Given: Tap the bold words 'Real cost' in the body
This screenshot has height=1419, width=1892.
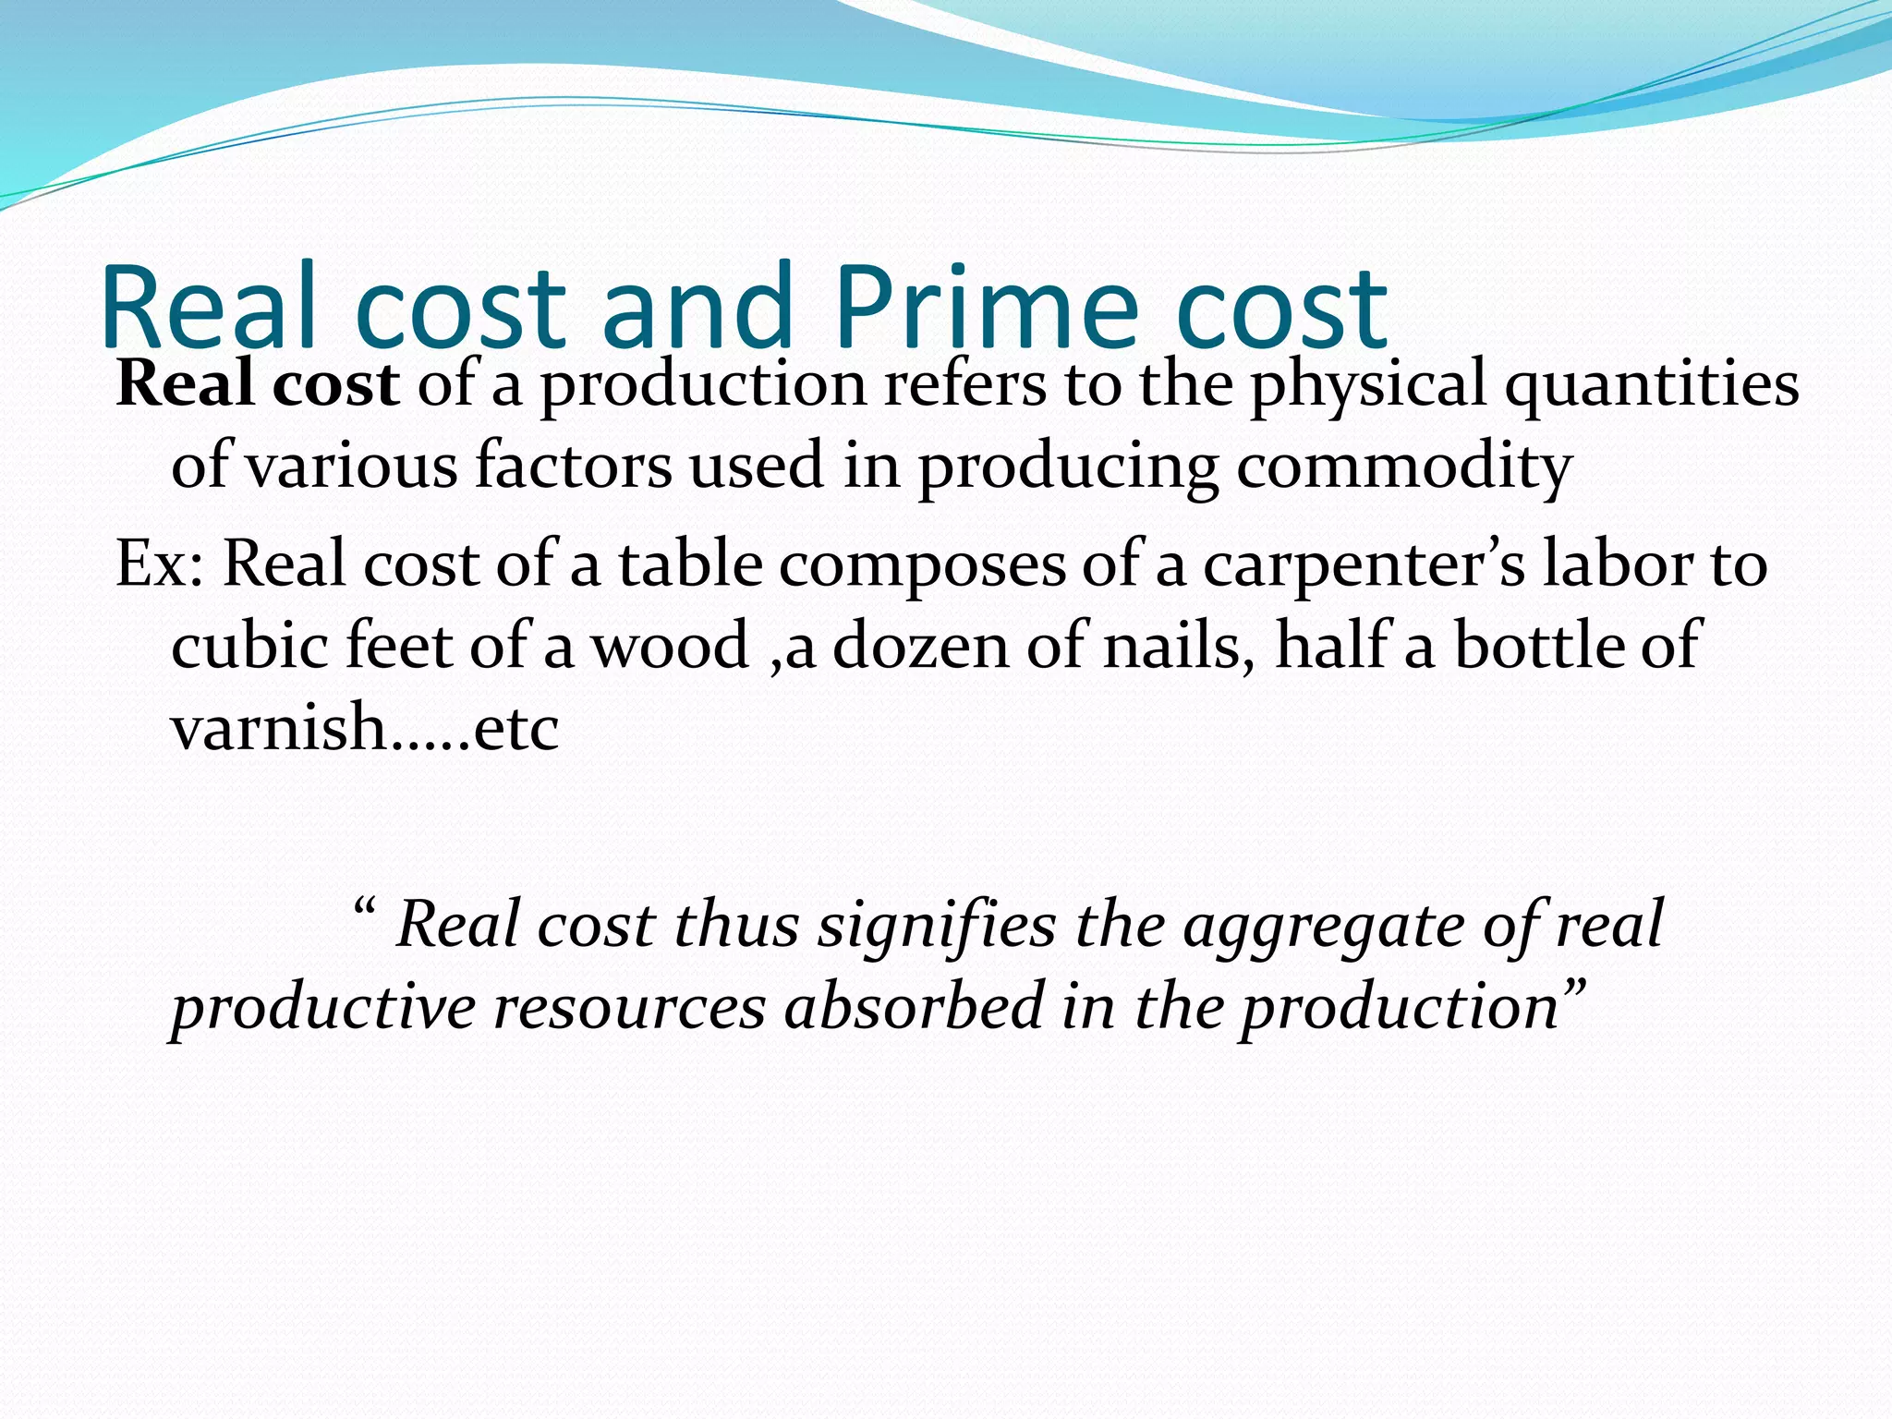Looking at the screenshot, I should click(x=258, y=383).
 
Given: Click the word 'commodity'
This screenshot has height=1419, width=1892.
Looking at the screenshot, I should click(x=1403, y=467).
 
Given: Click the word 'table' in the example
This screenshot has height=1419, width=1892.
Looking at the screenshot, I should click(x=690, y=564).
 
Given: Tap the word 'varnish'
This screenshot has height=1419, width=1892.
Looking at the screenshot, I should click(x=277, y=726).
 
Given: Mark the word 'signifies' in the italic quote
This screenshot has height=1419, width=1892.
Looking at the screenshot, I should click(x=936, y=925).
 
